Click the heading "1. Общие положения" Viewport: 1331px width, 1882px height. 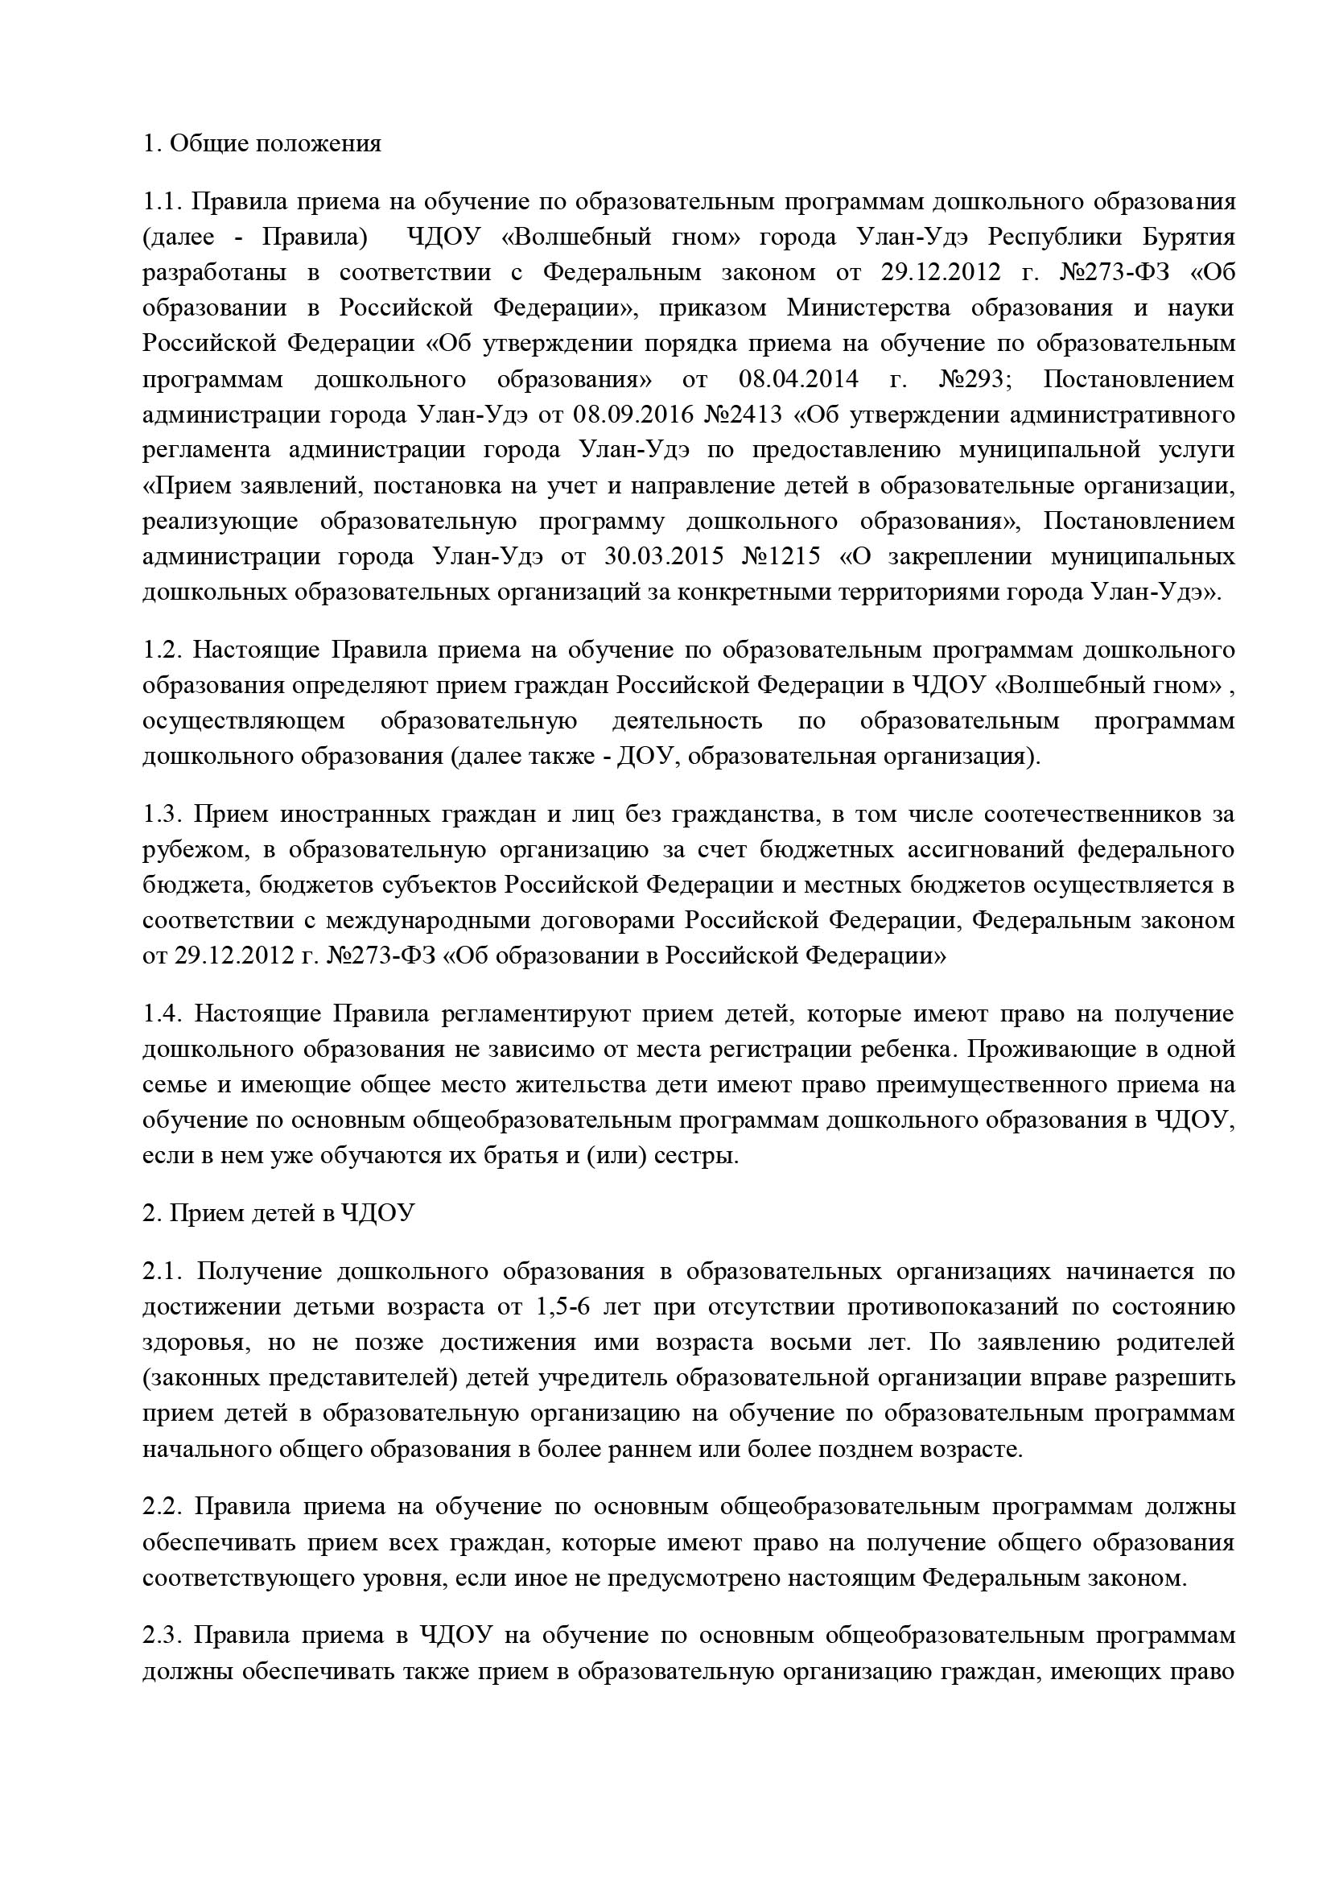262,143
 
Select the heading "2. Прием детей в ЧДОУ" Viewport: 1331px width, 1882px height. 278,1214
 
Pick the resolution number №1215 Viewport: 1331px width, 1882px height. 781,556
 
